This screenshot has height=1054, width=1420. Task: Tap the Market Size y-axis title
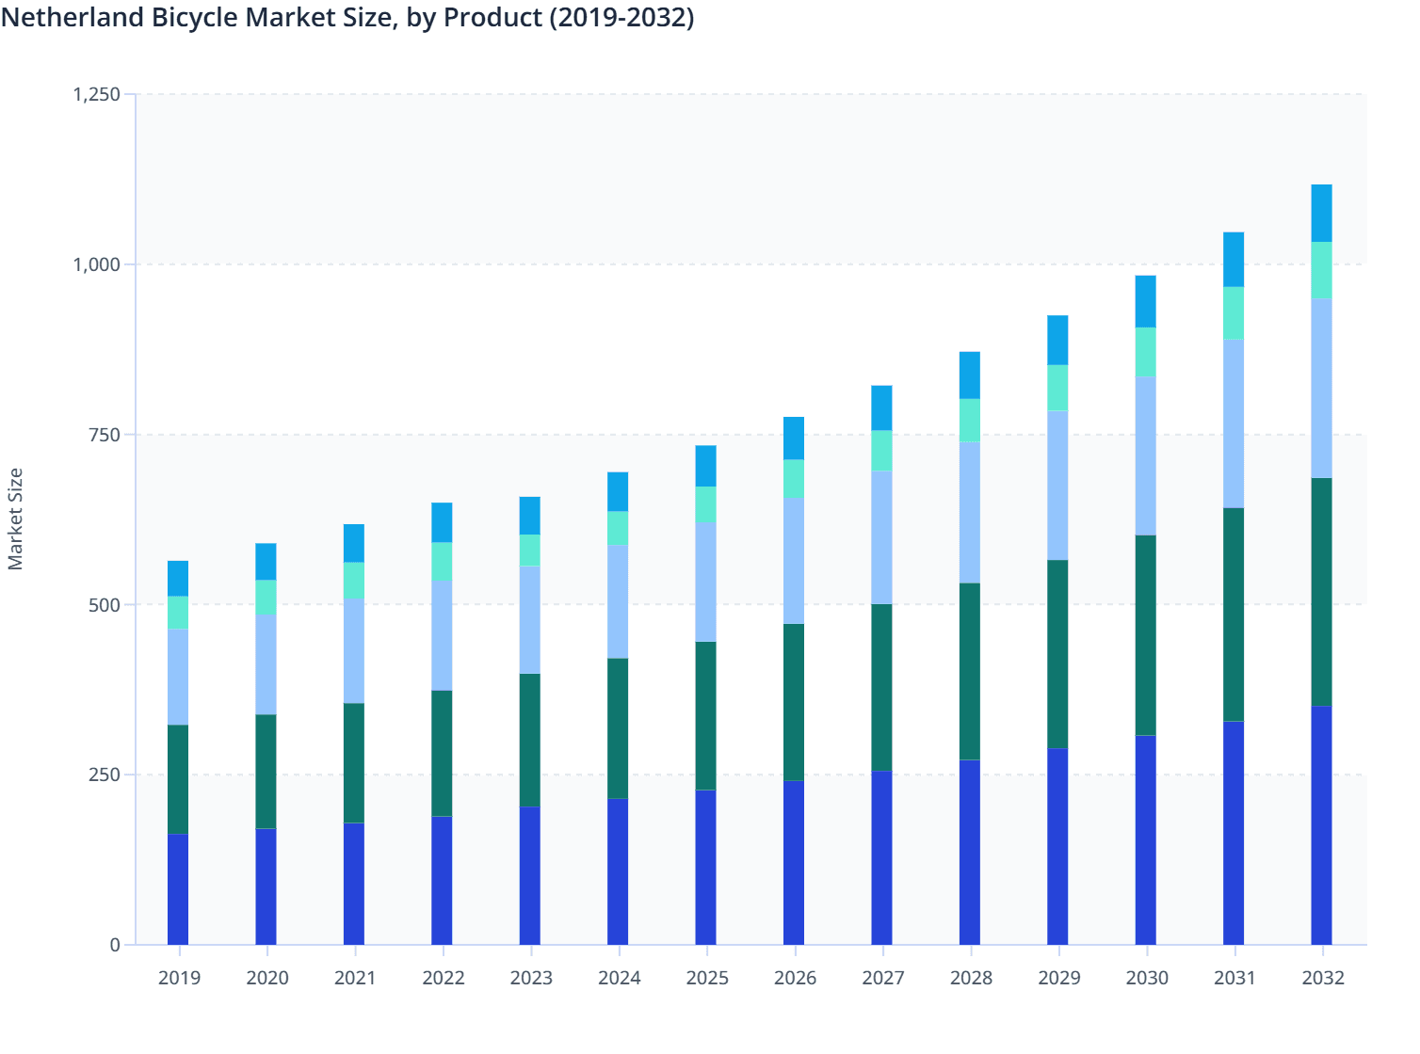pos(15,519)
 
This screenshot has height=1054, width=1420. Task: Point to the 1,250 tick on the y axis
pos(96,94)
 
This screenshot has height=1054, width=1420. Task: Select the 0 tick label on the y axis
pos(115,945)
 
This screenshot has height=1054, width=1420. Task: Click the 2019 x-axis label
pos(179,978)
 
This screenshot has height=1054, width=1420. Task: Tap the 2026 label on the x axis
pos(795,978)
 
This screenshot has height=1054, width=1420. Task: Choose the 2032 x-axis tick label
pos(1322,978)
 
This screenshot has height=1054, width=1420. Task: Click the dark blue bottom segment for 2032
pos(1321,825)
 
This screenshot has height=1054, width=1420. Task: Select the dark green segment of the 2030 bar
pos(1145,635)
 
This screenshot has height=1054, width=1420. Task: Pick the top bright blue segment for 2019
pos(178,579)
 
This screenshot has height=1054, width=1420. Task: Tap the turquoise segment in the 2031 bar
pos(1234,313)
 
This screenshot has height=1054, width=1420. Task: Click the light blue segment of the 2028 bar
pos(969,513)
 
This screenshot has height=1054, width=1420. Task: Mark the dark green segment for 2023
pos(530,741)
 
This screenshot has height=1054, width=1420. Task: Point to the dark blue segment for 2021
pos(354,884)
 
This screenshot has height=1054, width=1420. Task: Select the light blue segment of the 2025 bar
pos(705,583)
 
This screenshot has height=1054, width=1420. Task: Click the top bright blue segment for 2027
pos(881,408)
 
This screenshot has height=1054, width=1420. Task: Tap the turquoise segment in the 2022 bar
pos(442,562)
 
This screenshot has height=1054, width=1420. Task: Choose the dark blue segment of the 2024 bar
pos(618,871)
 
